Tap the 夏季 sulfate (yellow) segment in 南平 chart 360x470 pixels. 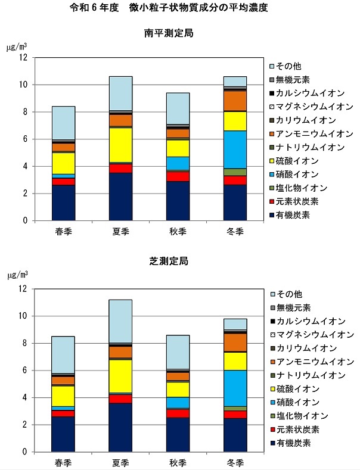[121, 145]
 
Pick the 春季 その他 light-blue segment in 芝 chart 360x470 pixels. [63, 354]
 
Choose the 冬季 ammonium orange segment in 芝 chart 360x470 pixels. [235, 343]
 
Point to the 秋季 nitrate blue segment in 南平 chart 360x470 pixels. [178, 163]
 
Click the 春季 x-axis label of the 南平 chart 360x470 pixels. [63, 231]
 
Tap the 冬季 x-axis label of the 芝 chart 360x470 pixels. [235, 462]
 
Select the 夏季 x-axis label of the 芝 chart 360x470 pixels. [121, 462]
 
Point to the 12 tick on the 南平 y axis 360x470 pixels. [24, 58]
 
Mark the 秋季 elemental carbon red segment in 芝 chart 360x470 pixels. [178, 413]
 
